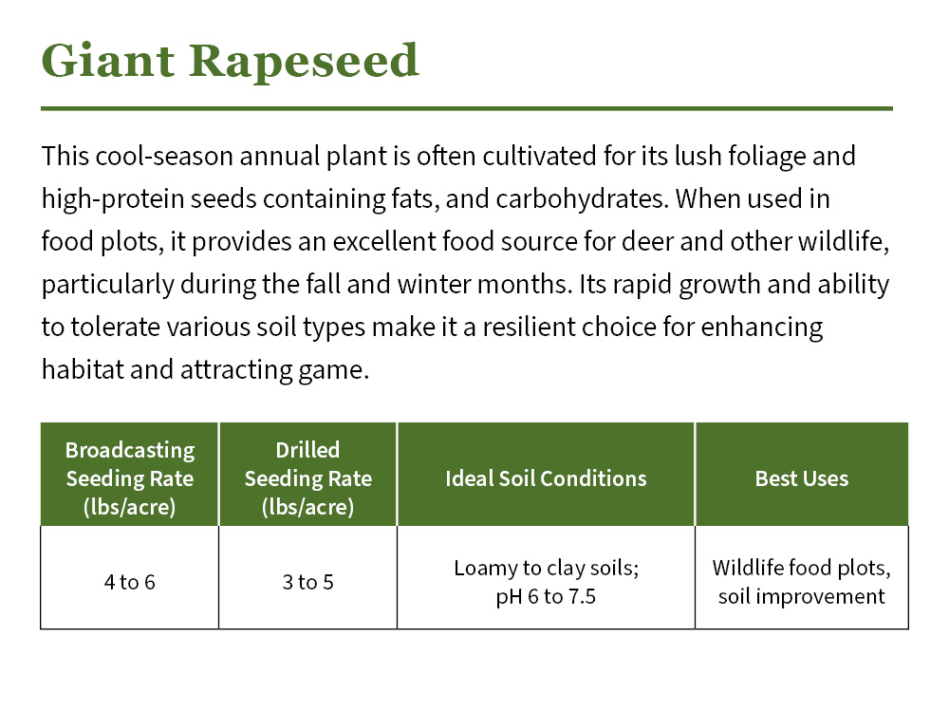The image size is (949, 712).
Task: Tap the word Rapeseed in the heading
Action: click(x=303, y=61)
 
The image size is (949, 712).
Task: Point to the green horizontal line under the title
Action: click(x=466, y=108)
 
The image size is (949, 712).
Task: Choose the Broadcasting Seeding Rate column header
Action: click(x=129, y=478)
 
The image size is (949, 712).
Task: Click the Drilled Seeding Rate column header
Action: click(x=307, y=478)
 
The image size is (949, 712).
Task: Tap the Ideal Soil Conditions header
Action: click(x=546, y=478)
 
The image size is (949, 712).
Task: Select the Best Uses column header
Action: click(x=801, y=478)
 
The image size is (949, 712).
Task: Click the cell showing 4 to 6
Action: click(x=129, y=582)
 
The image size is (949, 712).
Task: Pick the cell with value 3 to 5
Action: click(x=307, y=582)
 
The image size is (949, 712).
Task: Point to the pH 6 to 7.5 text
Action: click(x=546, y=597)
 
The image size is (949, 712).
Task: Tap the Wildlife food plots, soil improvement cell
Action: click(x=801, y=582)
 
